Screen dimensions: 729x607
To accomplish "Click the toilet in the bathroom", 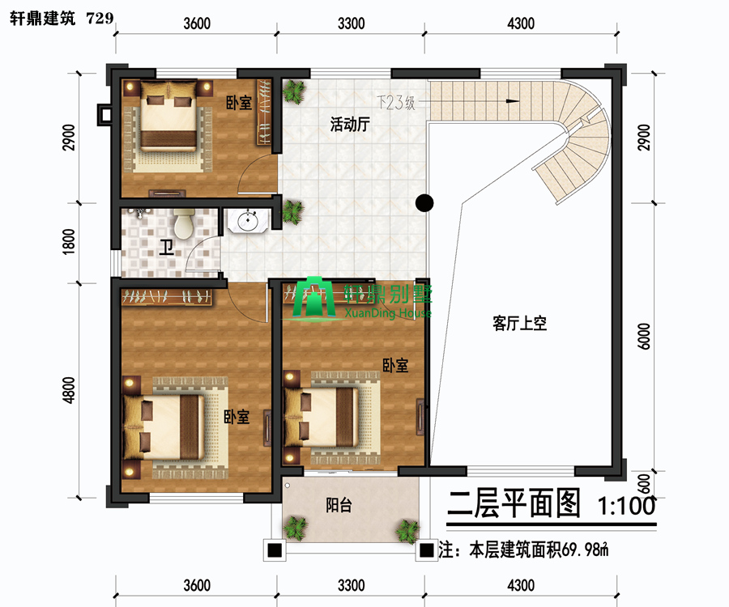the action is tap(184, 224).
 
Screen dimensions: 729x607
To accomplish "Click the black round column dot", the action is tap(424, 202).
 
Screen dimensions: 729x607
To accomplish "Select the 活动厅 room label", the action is tap(350, 124).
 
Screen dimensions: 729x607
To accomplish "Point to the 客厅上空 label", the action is tap(519, 323).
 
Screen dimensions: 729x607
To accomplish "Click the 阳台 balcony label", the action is tap(339, 505).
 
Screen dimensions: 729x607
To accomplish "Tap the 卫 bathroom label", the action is tap(166, 248).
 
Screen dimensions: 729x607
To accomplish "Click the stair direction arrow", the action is tap(513, 101).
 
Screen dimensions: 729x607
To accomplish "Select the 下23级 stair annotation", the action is tap(395, 103).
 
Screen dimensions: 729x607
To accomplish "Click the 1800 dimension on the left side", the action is tap(68, 241).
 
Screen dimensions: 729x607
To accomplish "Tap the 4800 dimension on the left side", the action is tap(68, 390).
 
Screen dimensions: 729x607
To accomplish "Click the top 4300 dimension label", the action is tap(521, 23).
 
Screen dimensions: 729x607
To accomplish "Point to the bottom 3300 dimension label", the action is tap(351, 585).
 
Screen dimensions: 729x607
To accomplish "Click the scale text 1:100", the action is tap(626, 505).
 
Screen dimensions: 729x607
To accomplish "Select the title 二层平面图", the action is tap(514, 503).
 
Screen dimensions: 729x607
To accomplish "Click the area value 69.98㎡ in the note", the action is tap(585, 550).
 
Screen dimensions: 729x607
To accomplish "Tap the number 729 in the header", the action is tap(100, 18).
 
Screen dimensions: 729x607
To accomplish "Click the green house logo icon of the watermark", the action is tap(313, 297).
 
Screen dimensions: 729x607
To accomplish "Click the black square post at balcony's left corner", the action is tap(275, 550).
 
